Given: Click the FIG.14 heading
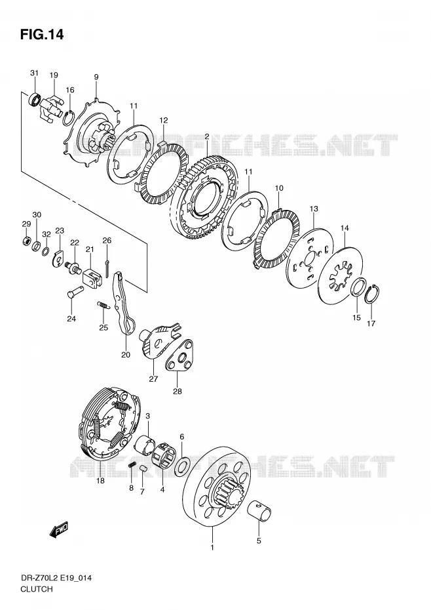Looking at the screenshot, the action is pyautogui.click(x=41, y=35).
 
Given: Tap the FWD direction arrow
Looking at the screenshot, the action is pyautogui.click(x=59, y=529).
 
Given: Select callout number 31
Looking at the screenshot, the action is pyautogui.click(x=35, y=73).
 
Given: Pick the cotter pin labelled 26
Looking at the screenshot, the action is pyautogui.click(x=107, y=263).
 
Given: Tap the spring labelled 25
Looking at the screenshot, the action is pyautogui.click(x=103, y=306).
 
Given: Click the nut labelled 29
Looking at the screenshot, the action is pyautogui.click(x=26, y=241).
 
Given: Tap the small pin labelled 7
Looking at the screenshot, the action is pyautogui.click(x=143, y=467).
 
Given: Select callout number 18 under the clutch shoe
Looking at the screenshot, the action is pyautogui.click(x=100, y=481).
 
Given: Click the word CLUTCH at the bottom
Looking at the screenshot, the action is pyautogui.click(x=37, y=589).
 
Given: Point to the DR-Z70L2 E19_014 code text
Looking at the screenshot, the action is pyautogui.click(x=56, y=578).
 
